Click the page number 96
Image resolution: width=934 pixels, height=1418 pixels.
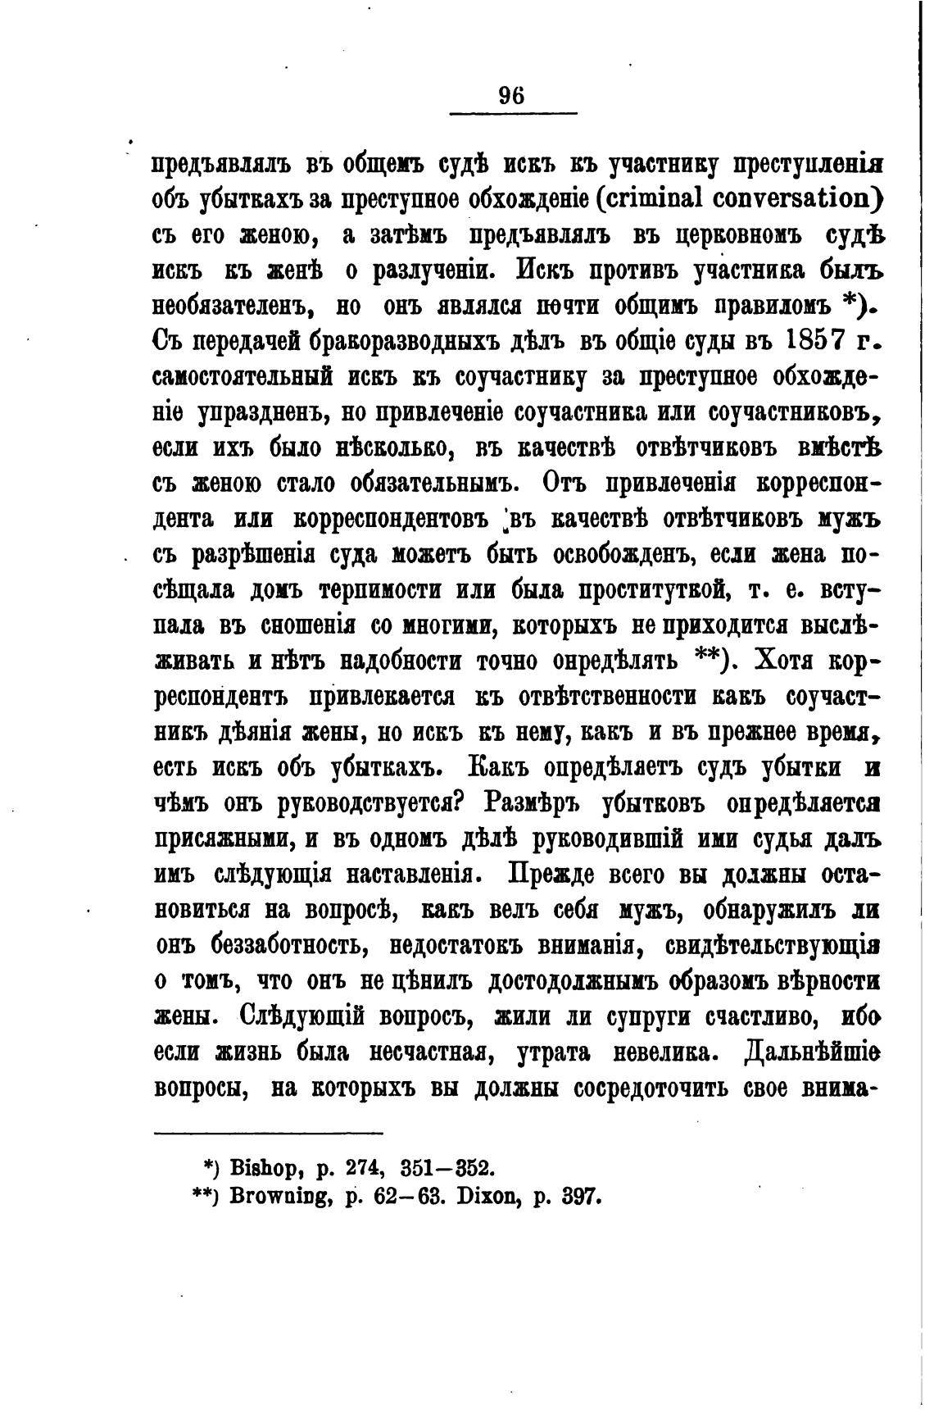pyautogui.click(x=511, y=95)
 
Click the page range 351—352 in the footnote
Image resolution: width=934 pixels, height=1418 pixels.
pyautogui.click(x=446, y=1166)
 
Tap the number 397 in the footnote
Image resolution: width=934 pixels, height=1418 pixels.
pyautogui.click(x=583, y=1196)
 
